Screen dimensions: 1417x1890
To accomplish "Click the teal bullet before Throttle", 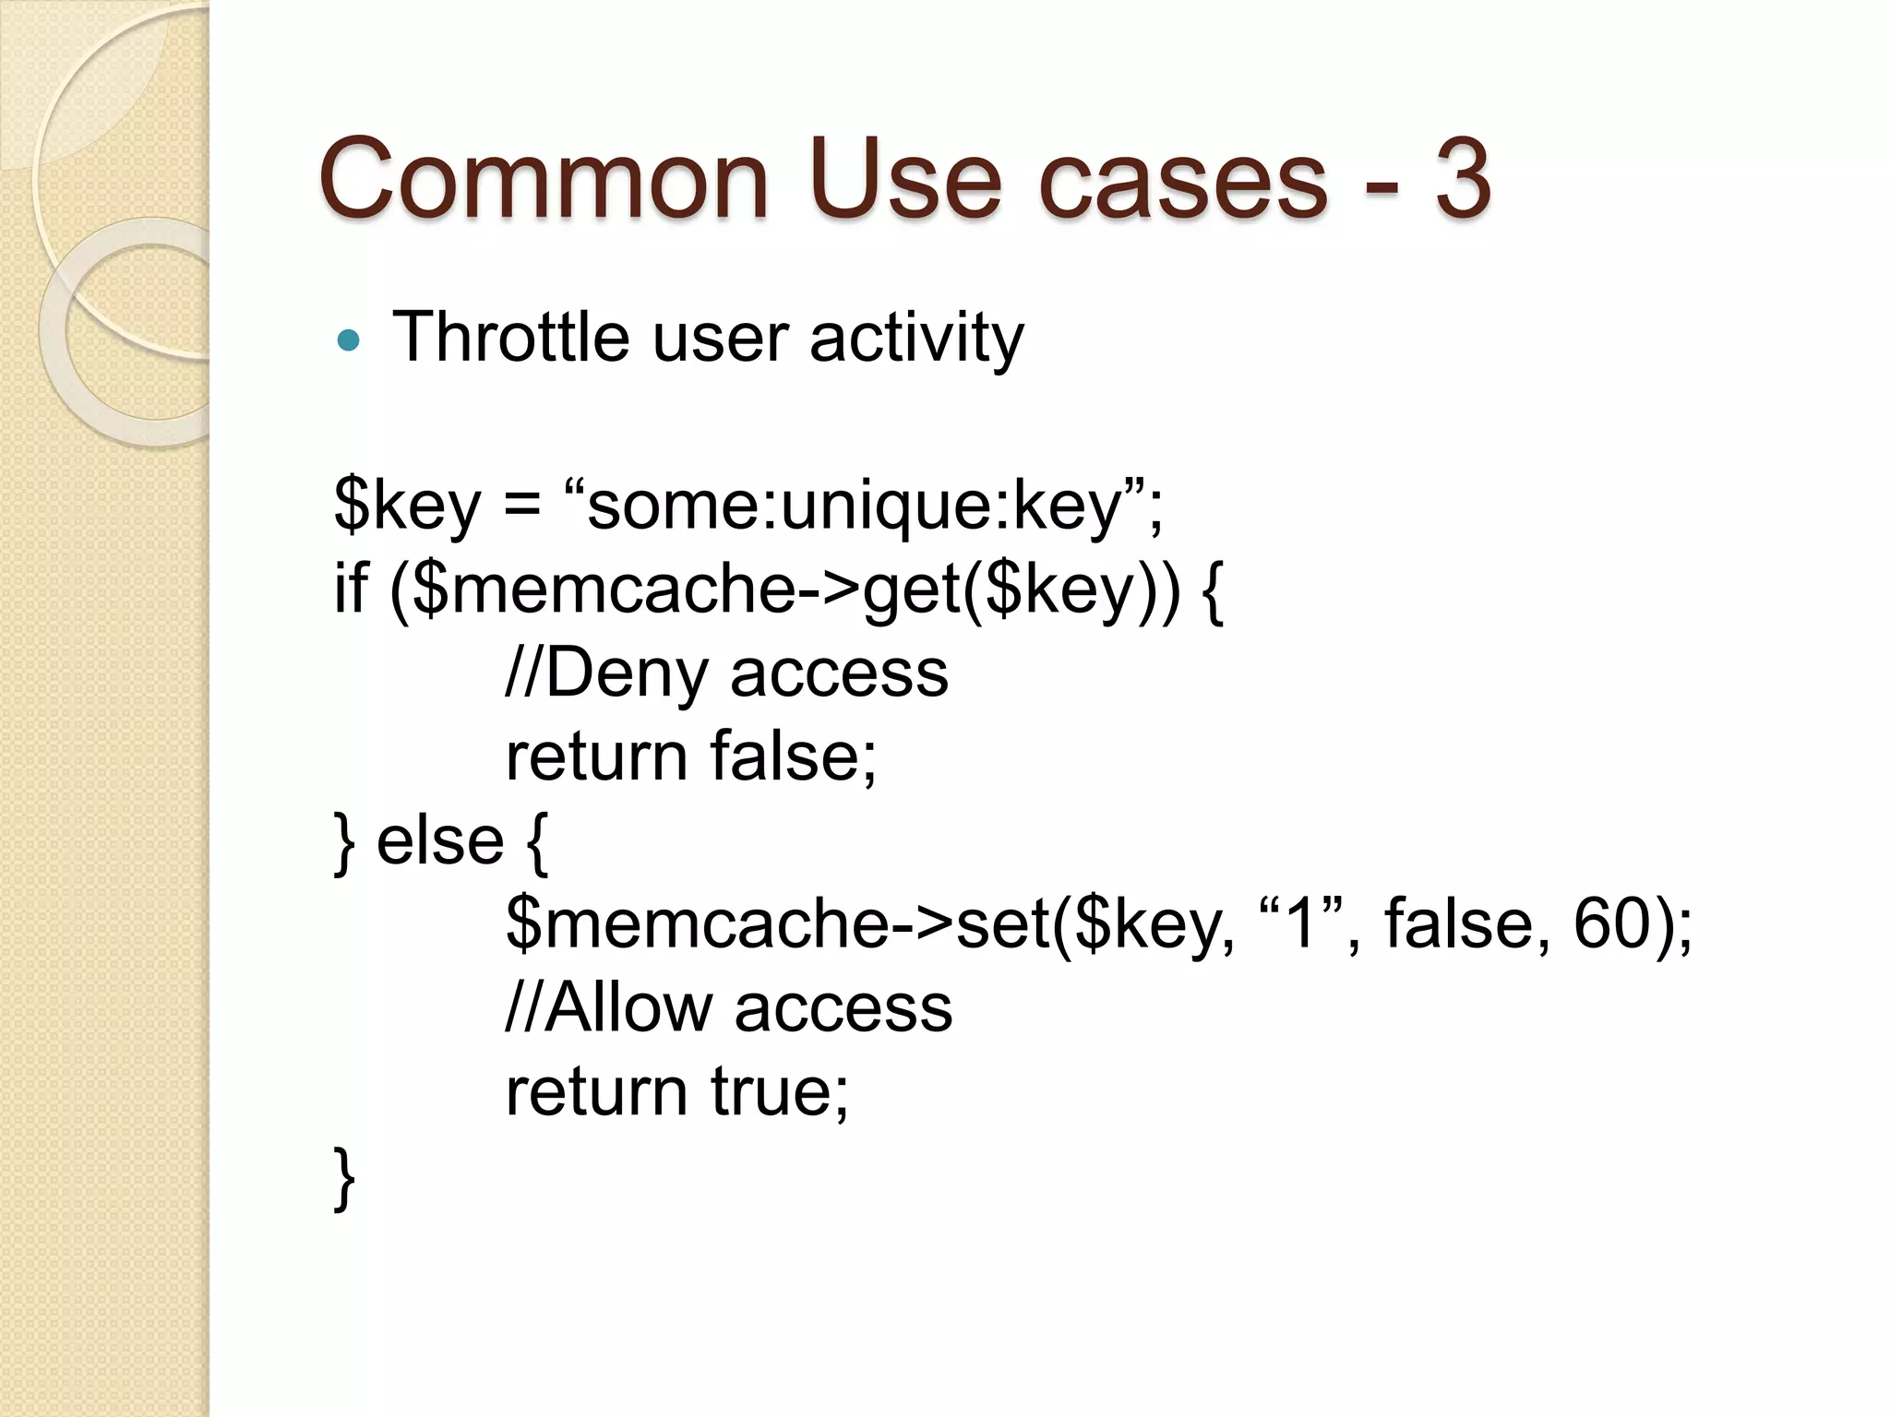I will click(348, 341).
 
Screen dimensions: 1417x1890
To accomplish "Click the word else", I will click(440, 841).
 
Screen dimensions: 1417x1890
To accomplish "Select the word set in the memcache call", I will click(1001, 924).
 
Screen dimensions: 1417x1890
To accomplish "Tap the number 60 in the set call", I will click(1611, 924).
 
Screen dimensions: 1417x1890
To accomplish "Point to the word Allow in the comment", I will click(628, 1008).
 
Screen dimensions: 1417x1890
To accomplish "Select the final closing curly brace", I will click(344, 1177).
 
